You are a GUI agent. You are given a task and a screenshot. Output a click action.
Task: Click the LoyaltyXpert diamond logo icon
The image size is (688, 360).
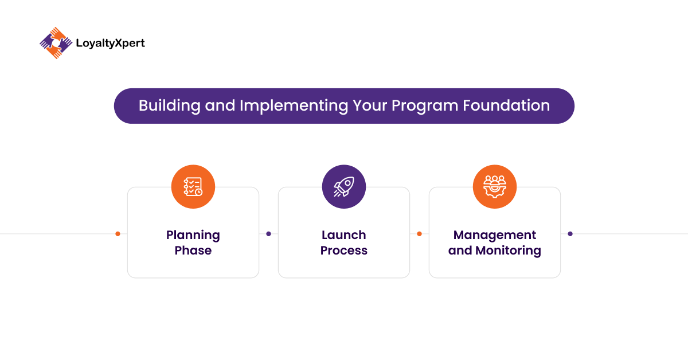(x=56, y=43)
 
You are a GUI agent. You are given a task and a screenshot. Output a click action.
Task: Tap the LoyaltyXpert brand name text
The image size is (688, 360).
(x=110, y=44)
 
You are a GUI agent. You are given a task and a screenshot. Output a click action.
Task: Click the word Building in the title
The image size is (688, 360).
(x=170, y=106)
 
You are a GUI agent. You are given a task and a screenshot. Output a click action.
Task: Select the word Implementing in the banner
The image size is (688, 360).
(x=294, y=106)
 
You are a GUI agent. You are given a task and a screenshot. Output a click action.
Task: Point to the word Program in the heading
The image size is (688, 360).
(x=425, y=106)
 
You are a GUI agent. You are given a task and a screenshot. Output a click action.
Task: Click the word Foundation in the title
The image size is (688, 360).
(x=506, y=105)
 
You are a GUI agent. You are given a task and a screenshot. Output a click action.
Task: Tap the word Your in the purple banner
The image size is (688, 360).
(x=370, y=105)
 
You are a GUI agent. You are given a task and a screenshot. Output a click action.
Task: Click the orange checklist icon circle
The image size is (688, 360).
(x=193, y=187)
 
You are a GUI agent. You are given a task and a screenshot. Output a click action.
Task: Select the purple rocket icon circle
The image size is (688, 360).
(x=344, y=187)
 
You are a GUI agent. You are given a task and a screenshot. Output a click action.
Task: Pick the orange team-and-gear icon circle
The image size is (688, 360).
(x=495, y=187)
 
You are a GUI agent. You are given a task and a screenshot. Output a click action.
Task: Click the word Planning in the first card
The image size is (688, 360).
(x=193, y=236)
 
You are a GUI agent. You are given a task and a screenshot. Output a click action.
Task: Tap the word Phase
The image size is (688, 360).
(x=193, y=251)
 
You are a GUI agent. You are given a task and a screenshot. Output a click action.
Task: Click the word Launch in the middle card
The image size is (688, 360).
(x=344, y=235)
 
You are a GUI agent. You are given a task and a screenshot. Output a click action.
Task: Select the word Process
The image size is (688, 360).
(x=344, y=251)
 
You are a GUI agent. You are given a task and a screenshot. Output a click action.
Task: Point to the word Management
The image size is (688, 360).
(x=495, y=235)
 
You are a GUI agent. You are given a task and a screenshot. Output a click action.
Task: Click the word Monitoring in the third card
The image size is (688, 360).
(x=509, y=251)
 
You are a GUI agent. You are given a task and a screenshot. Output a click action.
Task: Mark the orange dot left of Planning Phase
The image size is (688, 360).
(x=118, y=234)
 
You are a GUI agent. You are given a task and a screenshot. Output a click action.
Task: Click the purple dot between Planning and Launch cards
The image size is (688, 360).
(x=268, y=234)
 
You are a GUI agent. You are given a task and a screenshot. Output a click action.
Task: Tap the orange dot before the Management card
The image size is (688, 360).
(x=419, y=234)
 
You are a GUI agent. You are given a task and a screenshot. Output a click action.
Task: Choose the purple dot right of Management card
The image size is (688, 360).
(x=570, y=234)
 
